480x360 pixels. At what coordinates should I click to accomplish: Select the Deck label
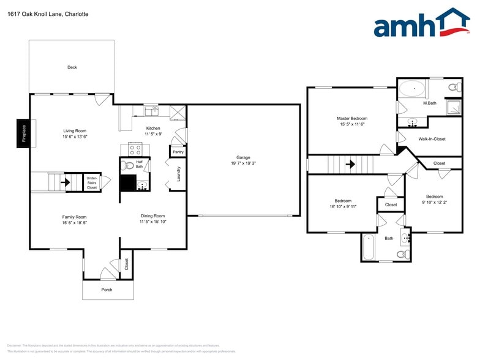pos(72,67)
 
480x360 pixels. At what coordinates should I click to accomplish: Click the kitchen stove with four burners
pos(135,149)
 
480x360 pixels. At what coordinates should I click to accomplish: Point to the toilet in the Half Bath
pos(128,165)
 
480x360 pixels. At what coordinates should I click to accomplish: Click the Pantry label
pos(178,151)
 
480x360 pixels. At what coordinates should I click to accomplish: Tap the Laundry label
pos(179,174)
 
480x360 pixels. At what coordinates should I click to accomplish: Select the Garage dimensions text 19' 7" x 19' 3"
pos(243,163)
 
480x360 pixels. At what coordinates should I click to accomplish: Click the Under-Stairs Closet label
pos(91,183)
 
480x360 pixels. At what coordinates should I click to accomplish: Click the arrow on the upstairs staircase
pos(350,164)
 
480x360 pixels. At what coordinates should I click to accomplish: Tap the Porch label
pos(107,290)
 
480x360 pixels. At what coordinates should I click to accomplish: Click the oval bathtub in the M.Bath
pos(413,90)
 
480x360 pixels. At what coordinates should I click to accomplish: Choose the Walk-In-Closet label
pos(432,139)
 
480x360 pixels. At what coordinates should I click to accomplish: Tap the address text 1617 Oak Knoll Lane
pos(36,13)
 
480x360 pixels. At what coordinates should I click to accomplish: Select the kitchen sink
pos(152,111)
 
